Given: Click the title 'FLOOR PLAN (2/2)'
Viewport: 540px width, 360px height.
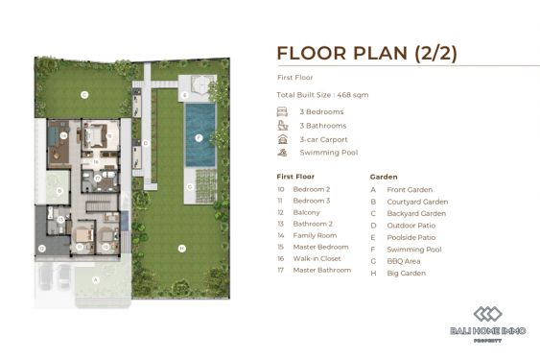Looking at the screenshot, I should (x=367, y=53).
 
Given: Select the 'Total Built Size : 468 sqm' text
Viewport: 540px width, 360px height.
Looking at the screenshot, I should (x=321, y=95).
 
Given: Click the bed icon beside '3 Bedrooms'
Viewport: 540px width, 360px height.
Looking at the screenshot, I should (x=281, y=112).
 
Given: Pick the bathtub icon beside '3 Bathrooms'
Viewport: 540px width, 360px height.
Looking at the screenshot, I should (x=281, y=126).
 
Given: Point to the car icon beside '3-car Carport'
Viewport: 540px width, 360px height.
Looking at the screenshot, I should (x=281, y=139).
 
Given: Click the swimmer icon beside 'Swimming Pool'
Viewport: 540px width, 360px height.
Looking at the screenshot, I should (x=281, y=153).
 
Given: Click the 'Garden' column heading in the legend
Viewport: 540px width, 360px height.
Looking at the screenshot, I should (x=383, y=177).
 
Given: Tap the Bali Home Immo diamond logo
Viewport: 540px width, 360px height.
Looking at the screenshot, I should (x=487, y=316).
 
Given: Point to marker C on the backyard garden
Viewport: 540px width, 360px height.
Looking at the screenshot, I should (x=84, y=94).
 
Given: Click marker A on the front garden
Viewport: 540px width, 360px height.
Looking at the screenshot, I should (x=94, y=279).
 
